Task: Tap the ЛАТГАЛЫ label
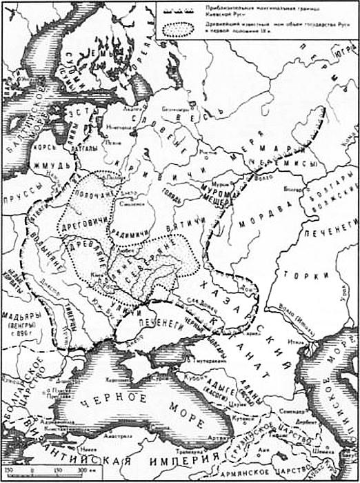pos(83,148)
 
